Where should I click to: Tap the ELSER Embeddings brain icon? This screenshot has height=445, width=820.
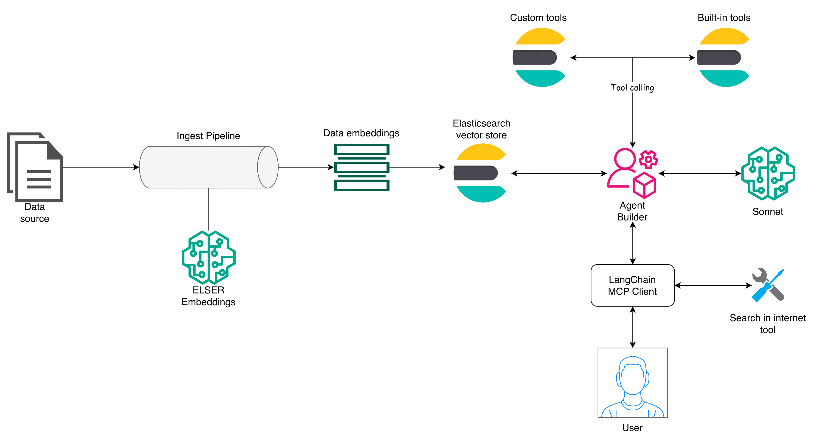(208, 257)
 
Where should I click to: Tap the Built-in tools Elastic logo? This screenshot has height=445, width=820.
(723, 57)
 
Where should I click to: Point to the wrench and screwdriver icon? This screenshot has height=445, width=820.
(768, 285)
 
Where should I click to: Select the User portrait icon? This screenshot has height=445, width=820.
(632, 382)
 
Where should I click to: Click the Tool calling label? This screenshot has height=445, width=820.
(632, 87)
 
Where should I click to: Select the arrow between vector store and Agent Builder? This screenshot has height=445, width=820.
(559, 173)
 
